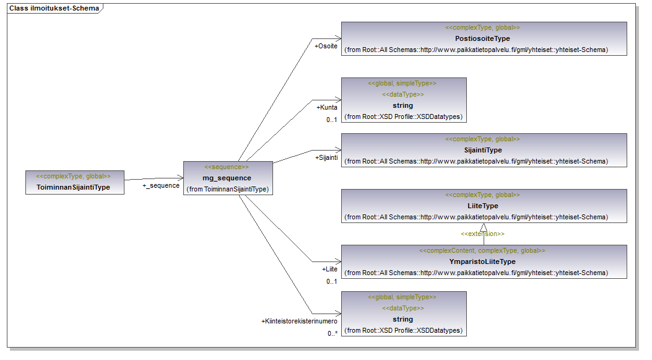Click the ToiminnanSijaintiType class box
[75, 182]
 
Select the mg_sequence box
[228, 178]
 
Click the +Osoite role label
[326, 46]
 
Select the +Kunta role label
[328, 107]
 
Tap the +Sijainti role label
[326, 157]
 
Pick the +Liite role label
[329, 270]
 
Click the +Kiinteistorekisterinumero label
[299, 321]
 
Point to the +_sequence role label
[161, 185]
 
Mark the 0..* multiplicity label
[333, 333]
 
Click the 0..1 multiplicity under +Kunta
[332, 120]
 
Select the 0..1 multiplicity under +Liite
[332, 282]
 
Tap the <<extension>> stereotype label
[482, 234]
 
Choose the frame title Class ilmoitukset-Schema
[54, 8]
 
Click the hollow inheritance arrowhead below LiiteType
[484, 227]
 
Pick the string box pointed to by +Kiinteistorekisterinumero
[403, 314]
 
